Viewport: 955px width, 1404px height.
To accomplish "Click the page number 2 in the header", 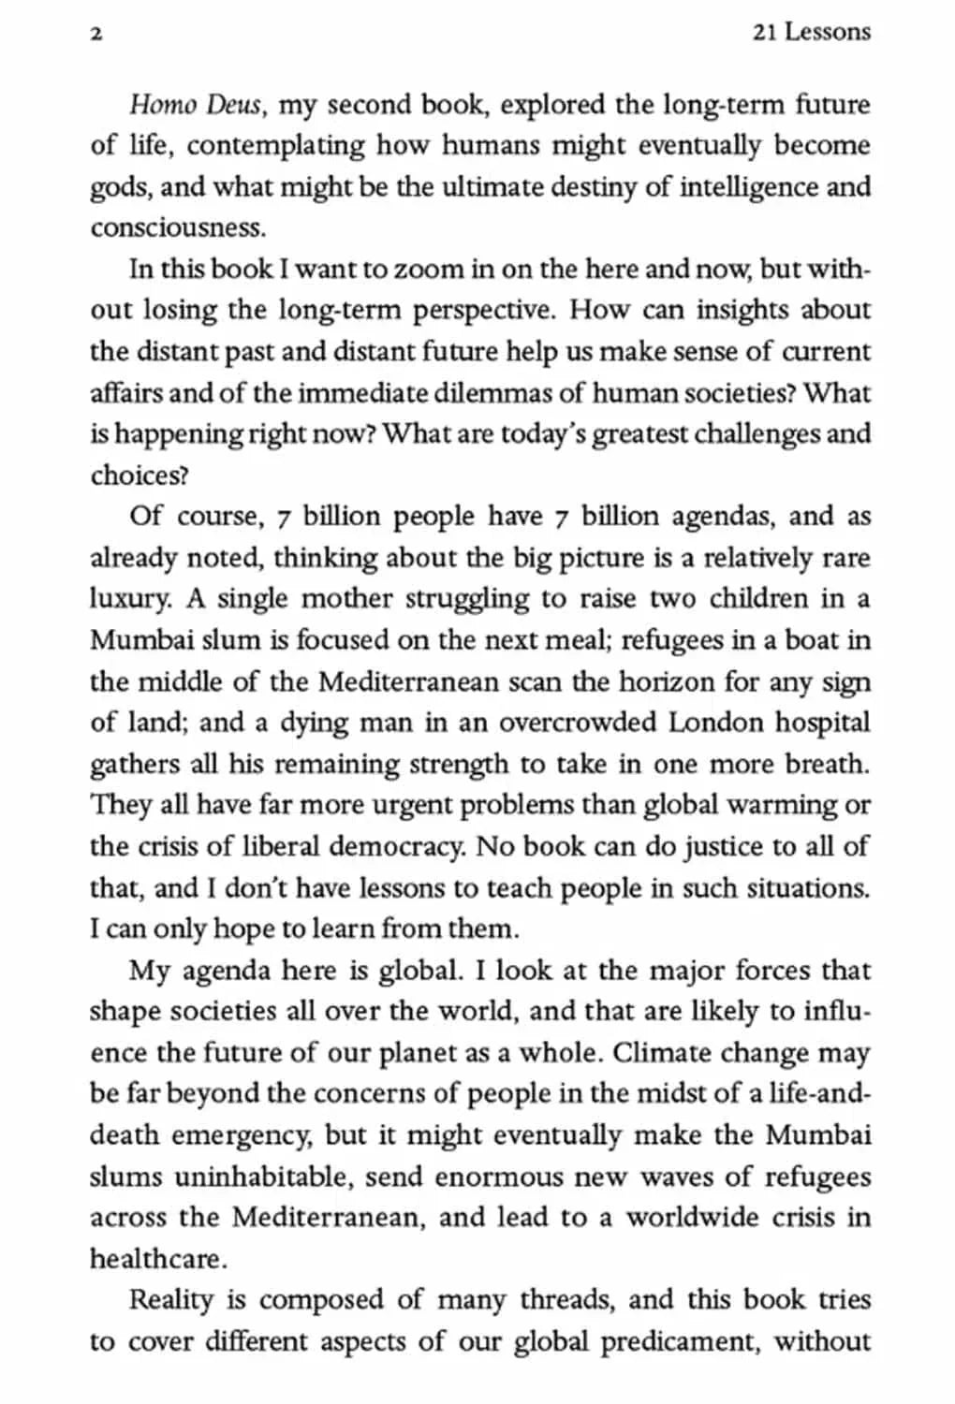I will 95,34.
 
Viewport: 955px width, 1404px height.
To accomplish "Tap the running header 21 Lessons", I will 811,32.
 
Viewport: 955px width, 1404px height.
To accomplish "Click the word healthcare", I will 157,1259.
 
